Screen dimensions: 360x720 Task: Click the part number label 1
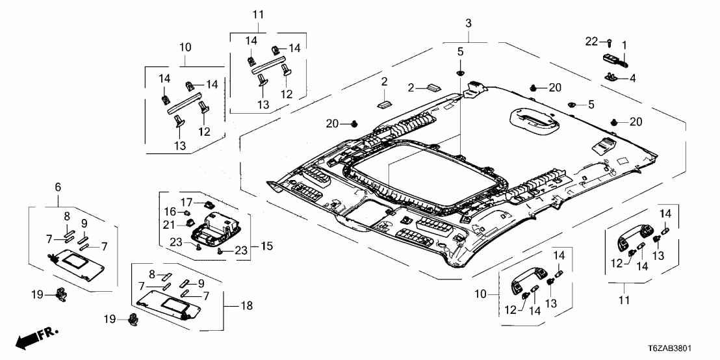coord(624,45)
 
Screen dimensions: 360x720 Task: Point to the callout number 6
coord(58,187)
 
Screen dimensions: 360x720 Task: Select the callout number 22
coord(591,42)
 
